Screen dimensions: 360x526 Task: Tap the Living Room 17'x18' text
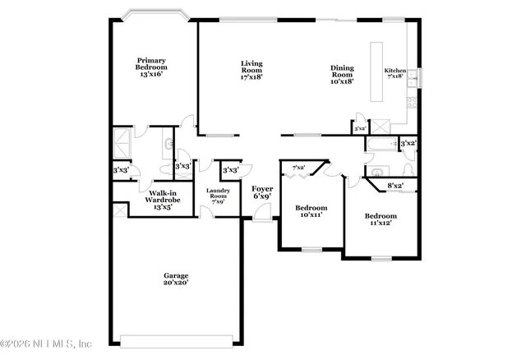point(251,70)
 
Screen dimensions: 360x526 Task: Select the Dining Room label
point(342,75)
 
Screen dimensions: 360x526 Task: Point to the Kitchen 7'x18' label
point(395,75)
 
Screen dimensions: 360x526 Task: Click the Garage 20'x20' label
point(175,279)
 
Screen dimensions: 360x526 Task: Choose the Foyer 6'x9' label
point(262,192)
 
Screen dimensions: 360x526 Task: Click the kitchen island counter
point(376,72)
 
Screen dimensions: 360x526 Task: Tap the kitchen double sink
point(418,77)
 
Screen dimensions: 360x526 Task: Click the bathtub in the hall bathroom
point(381,145)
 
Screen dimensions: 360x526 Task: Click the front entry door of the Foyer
point(262,215)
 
